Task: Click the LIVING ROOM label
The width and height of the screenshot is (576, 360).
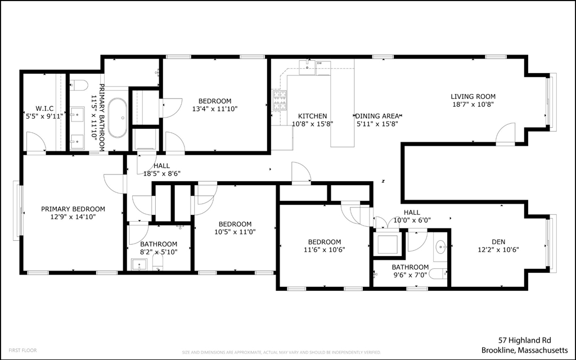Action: (x=474, y=96)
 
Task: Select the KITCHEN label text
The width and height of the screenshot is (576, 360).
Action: (x=312, y=116)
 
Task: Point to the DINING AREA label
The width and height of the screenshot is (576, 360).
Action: (x=377, y=116)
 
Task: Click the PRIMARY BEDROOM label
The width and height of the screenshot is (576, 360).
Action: (x=73, y=209)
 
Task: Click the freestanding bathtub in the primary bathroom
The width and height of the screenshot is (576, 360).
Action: (x=118, y=118)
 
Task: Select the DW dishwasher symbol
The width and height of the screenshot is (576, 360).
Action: (x=319, y=64)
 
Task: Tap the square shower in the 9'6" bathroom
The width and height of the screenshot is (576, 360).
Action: (x=388, y=244)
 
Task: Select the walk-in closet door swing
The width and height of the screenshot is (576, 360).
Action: (x=35, y=142)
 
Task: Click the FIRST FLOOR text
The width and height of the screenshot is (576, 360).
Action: (x=23, y=350)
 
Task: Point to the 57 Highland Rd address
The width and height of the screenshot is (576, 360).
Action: (x=525, y=340)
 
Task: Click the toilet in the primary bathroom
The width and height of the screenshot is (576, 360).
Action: (x=79, y=85)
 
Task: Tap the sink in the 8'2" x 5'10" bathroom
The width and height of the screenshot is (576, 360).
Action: (x=138, y=264)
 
